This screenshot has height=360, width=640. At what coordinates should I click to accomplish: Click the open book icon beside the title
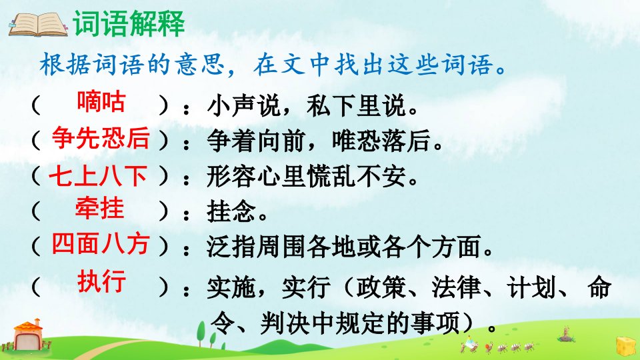[x=37, y=25]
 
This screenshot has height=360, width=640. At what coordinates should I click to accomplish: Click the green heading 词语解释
[x=129, y=23]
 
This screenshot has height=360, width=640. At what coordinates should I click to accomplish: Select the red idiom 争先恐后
[x=101, y=138]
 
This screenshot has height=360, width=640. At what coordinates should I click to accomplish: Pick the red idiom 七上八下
[x=98, y=176]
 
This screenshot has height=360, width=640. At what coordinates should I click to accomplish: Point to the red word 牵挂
[x=99, y=209]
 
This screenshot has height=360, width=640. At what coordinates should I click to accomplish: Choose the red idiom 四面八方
[x=100, y=244]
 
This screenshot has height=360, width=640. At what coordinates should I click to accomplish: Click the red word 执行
[x=101, y=281]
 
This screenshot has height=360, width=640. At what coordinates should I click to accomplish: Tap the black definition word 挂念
[x=231, y=211]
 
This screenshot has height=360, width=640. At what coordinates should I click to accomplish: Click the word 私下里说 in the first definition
[x=356, y=105]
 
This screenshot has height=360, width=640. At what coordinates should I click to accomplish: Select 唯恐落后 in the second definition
[x=381, y=141]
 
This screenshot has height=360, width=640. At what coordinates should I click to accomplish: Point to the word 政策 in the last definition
[x=381, y=287]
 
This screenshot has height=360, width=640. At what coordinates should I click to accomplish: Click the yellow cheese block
[x=626, y=346]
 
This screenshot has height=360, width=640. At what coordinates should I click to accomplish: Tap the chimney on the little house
[x=38, y=323]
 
